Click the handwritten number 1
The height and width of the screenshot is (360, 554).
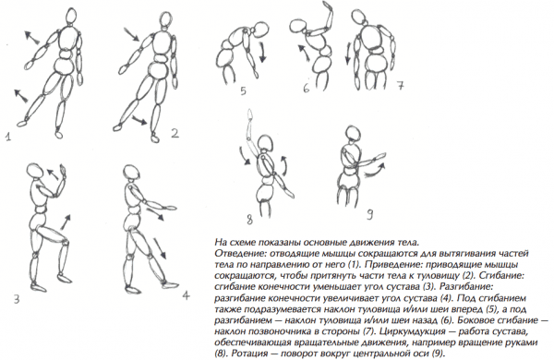[7, 136]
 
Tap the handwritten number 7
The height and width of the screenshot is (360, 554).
[400, 86]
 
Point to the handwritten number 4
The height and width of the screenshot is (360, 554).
[187, 295]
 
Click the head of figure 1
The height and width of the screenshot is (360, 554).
[72, 16]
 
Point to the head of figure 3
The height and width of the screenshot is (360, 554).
[35, 171]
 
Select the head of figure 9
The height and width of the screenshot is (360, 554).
[354, 134]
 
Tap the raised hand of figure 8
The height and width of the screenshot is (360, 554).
[250, 115]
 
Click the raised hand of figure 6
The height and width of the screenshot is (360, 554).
[327, 7]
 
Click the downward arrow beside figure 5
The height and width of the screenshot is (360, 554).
[262, 53]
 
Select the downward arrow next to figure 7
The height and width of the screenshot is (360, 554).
[348, 53]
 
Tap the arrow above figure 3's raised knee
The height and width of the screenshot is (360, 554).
[65, 222]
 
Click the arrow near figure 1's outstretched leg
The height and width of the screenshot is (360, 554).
[20, 96]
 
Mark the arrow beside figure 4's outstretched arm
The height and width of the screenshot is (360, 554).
[156, 215]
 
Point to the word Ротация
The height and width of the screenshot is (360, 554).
[250, 354]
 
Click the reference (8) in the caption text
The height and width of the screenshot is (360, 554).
[221, 354]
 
